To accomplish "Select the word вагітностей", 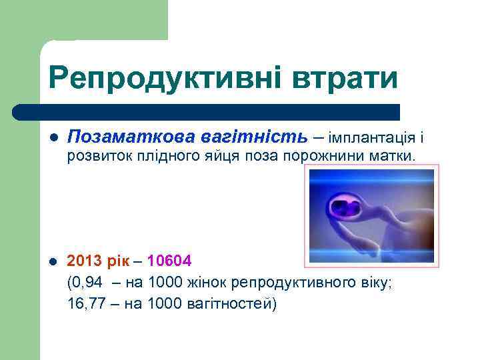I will coord(231,304).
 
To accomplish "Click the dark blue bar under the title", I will coord(207,111).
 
